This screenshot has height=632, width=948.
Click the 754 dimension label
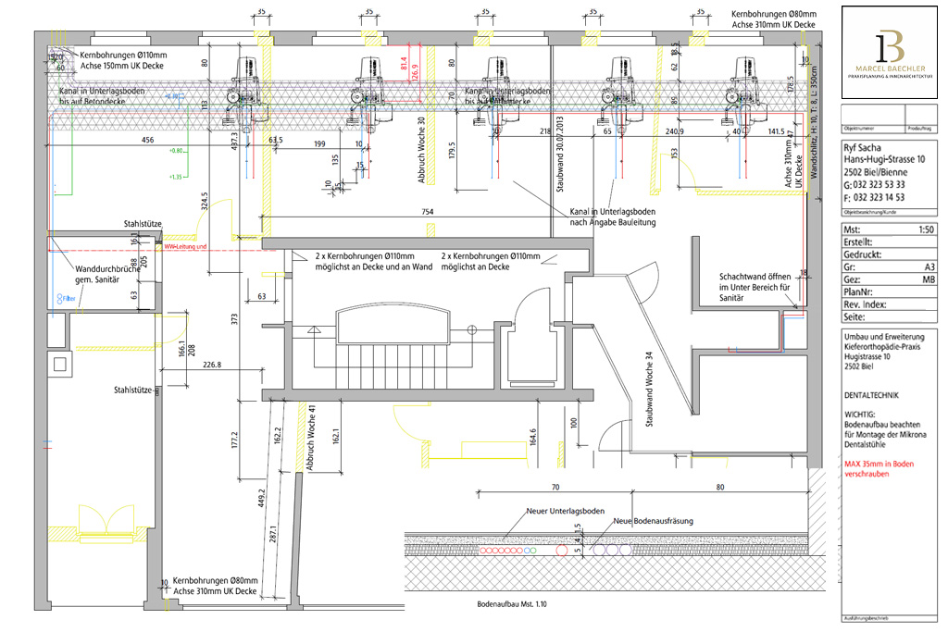pos(428,212)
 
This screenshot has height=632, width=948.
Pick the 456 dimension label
pos(146,142)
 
